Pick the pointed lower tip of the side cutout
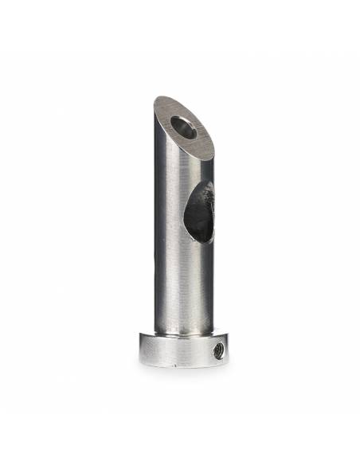pos(193,241)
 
